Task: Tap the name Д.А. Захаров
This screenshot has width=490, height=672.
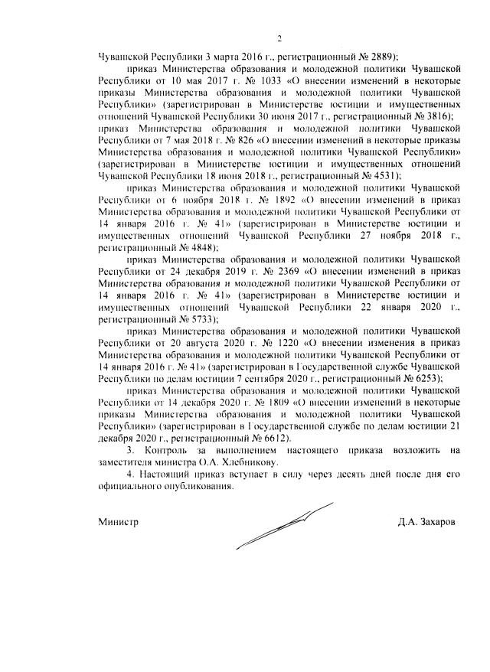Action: pyautogui.click(x=426, y=521)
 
